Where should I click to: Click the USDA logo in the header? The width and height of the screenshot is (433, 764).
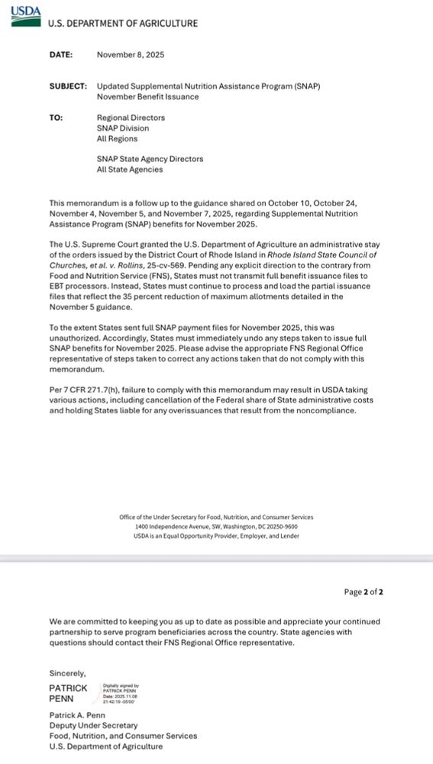tap(26, 15)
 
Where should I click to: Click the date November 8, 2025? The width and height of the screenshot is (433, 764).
tap(131, 55)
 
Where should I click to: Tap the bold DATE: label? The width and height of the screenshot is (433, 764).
tap(61, 55)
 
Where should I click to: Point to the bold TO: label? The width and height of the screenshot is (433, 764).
tap(56, 118)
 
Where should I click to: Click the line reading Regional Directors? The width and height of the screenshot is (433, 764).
tap(131, 118)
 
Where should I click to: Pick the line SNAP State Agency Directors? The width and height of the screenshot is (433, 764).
tap(150, 159)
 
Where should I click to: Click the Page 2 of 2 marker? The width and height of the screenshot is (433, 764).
tap(364, 591)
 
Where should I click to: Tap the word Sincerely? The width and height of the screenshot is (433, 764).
tap(68, 673)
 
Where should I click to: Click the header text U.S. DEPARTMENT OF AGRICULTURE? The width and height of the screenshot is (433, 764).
tap(122, 24)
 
